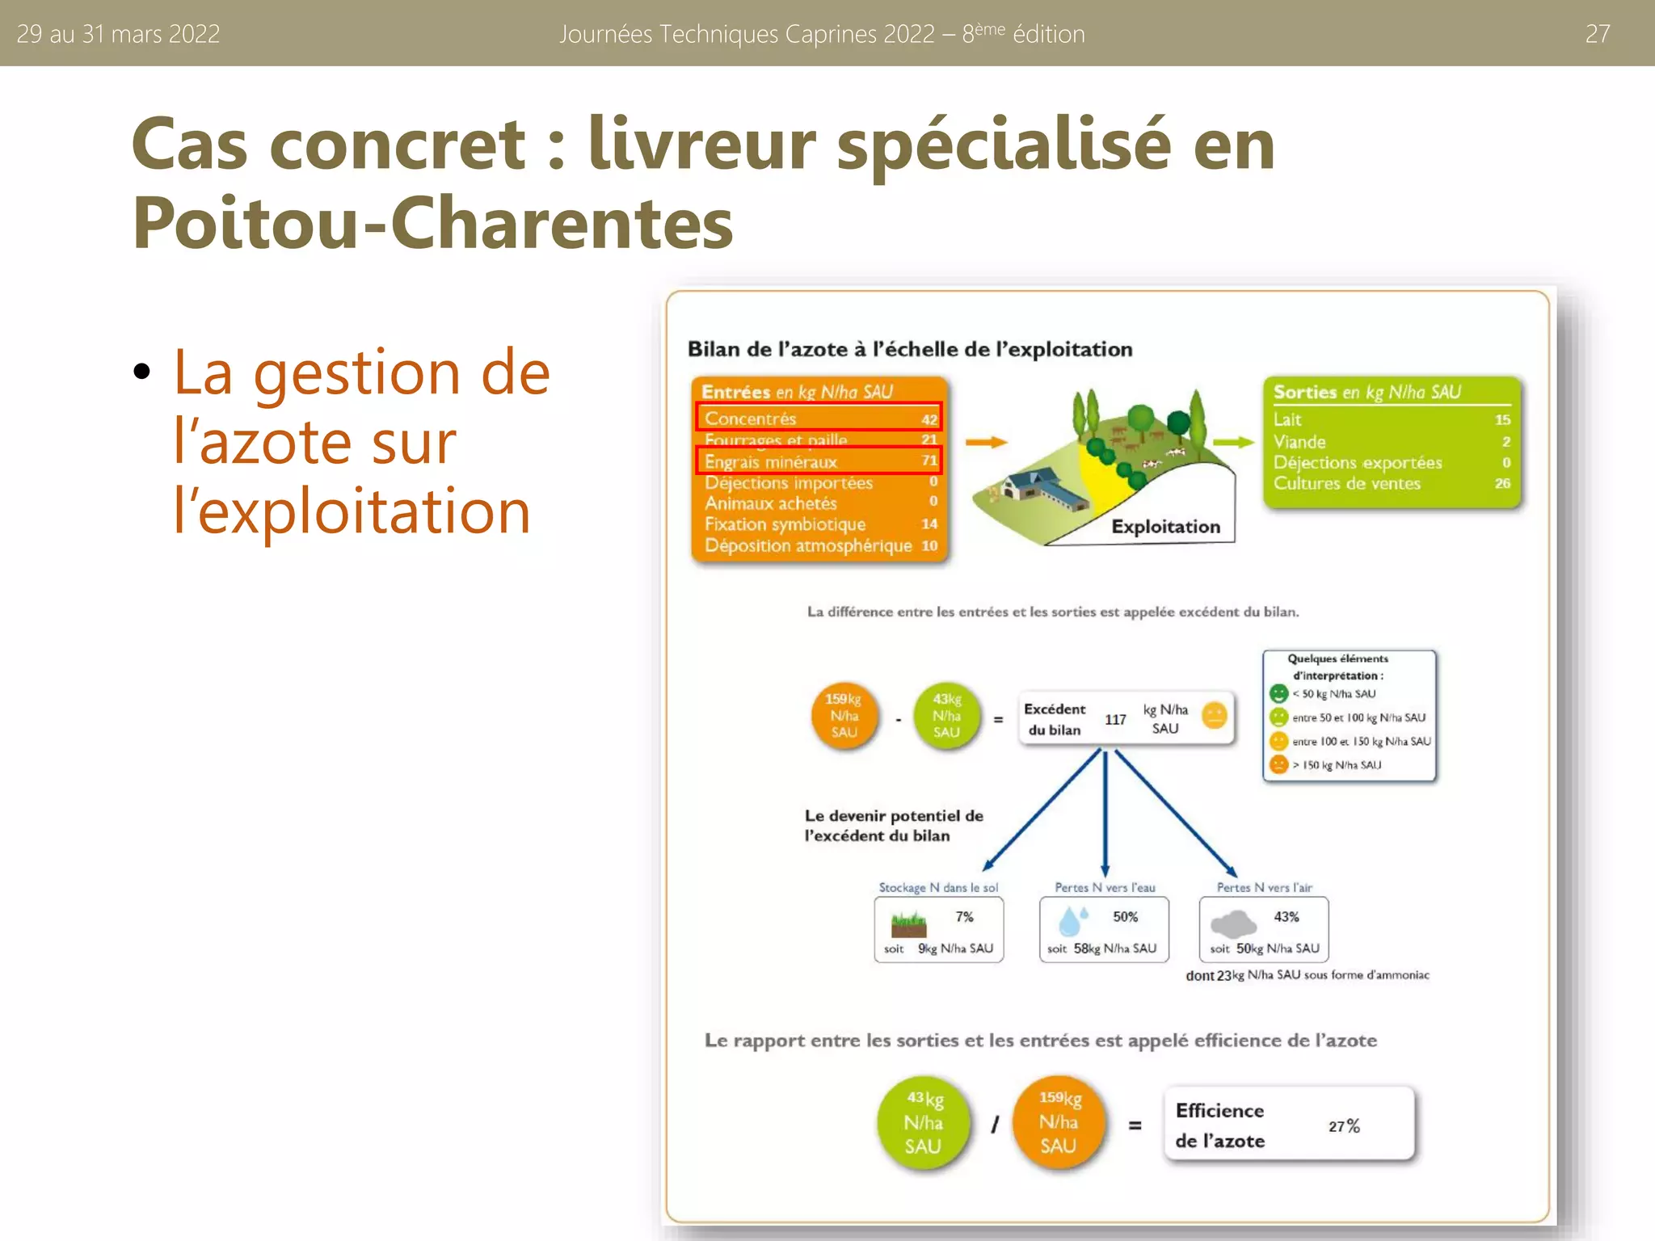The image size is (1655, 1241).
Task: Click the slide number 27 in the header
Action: pos(1597,34)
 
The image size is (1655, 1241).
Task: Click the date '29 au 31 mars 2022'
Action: pos(118,34)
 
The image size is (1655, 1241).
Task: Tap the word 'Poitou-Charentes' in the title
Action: pos(432,223)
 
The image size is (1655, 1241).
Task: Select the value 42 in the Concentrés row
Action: pos(929,419)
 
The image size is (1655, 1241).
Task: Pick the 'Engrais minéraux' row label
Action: pos(771,462)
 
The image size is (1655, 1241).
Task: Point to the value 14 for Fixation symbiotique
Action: pos(929,524)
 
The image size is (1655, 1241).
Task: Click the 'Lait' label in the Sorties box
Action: pos(1287,419)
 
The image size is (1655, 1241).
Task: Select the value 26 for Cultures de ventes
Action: pos(1502,483)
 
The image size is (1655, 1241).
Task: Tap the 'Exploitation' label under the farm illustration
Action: pos(1165,527)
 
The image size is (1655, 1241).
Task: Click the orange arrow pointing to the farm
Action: pos(986,442)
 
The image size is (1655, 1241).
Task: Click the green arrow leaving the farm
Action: pos(1232,442)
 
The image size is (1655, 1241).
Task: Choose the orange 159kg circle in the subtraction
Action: pos(844,716)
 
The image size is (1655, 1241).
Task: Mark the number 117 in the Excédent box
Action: pos(1115,719)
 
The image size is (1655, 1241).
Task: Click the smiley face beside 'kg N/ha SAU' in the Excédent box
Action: pos(1215,715)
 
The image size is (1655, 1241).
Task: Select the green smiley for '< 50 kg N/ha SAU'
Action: pos(1278,694)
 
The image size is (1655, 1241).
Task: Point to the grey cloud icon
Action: pos(1233,923)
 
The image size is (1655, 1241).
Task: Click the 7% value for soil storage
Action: pos(964,917)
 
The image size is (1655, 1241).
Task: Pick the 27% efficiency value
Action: pos(1344,1126)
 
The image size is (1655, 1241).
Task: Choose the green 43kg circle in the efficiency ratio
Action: pos(923,1122)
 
